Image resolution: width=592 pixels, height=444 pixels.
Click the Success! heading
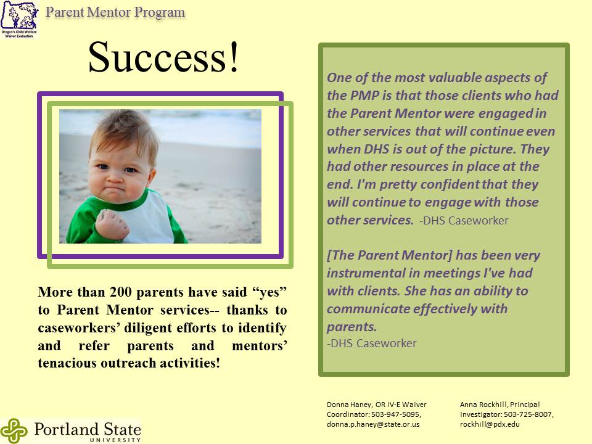163,57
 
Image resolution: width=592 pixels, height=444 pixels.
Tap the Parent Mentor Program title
115,12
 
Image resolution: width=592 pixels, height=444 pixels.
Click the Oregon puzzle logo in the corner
20,19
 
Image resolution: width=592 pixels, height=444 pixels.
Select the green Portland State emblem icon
14,431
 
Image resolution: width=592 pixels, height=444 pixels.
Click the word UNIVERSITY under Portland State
115,440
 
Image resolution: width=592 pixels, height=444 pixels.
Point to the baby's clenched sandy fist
112,225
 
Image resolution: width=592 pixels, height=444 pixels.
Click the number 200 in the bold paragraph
120,292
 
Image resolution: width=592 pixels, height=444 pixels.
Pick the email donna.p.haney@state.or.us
373,424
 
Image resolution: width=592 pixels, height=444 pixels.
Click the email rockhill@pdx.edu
490,424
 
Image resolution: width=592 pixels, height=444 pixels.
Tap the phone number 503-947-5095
395,414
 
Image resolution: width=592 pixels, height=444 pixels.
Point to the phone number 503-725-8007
528,414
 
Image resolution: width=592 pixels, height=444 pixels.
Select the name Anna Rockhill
483,405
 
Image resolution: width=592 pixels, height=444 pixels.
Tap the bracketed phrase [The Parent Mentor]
389,255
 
